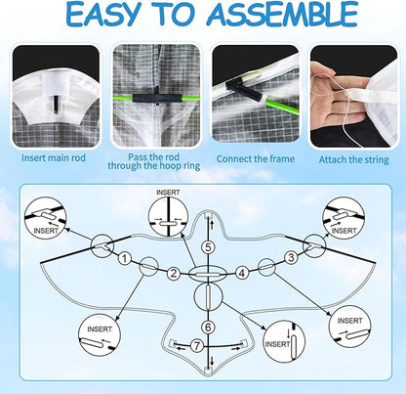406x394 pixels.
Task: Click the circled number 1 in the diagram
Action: pos(124,259)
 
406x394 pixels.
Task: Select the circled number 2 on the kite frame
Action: pos(174,273)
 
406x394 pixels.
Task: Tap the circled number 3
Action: pos(291,257)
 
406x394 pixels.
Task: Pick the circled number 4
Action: pos(242,273)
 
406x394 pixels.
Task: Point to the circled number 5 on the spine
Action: pos(208,247)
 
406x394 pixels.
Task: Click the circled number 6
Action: pos(208,327)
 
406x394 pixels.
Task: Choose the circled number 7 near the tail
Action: pos(197,346)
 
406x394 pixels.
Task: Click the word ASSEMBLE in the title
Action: pos(282,15)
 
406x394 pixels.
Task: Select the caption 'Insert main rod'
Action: pos(54,158)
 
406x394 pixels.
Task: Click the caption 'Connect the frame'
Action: pos(256,159)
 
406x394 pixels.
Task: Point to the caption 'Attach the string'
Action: pos(353,160)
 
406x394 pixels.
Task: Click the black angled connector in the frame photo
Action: pos(249,89)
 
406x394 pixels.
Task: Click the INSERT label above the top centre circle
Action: pos(168,193)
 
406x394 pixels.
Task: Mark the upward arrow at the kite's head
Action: pos(212,224)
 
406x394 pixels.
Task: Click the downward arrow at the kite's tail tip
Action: pos(212,361)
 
